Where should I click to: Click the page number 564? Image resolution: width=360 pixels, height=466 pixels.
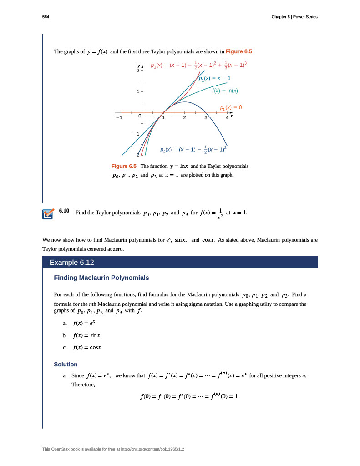point(46,17)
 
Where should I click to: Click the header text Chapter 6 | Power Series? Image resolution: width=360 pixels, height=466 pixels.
point(293,17)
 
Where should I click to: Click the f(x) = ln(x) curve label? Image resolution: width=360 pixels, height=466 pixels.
point(225,91)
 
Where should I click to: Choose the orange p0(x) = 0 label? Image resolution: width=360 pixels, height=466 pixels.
point(230,108)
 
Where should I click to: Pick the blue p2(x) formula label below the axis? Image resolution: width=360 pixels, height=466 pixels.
point(193,149)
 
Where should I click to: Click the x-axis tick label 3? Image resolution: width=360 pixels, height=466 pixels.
point(206,118)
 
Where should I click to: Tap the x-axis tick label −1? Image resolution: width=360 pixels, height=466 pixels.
point(119,118)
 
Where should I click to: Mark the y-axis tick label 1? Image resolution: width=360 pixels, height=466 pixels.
point(137,92)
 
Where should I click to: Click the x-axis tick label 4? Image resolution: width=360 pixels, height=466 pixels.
point(227,118)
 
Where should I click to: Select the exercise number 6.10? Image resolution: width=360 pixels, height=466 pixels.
point(64,211)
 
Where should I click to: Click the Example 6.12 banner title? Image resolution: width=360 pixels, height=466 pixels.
point(72,263)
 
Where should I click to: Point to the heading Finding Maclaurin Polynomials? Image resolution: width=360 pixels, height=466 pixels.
point(101,278)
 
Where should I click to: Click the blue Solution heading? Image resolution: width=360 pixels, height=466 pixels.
point(66,365)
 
